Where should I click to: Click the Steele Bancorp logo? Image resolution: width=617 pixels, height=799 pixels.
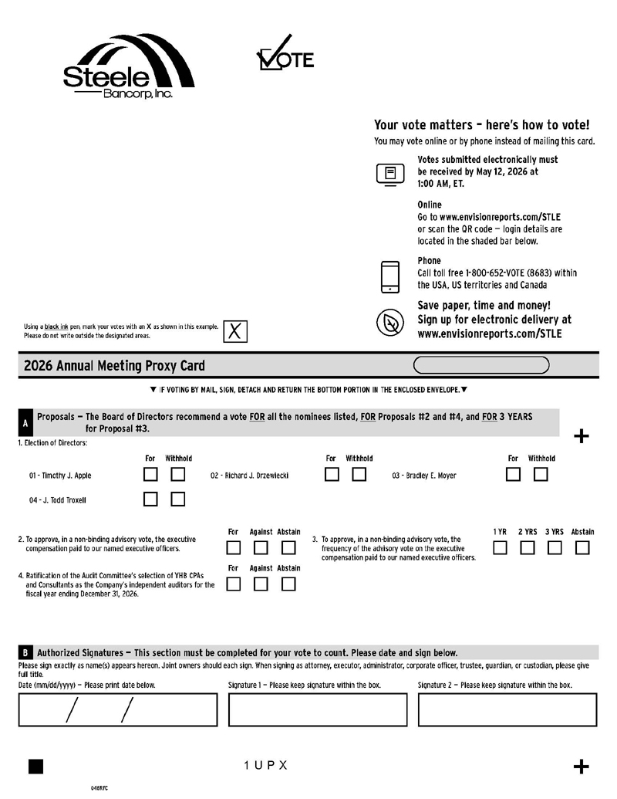[128, 68]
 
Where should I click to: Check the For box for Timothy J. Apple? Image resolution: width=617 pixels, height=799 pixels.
[151, 475]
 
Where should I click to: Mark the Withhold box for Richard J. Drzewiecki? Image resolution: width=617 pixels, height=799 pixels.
[359, 475]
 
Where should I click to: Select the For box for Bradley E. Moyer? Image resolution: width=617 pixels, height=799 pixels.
[513, 475]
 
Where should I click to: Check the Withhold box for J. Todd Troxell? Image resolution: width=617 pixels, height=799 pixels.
[178, 499]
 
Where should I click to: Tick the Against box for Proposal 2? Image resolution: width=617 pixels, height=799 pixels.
[261, 548]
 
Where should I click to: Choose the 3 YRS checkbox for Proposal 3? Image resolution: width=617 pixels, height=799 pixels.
[555, 548]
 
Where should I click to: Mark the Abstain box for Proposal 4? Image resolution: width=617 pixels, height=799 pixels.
[288, 584]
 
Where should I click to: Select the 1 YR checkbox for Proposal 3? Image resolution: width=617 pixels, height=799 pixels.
[500, 548]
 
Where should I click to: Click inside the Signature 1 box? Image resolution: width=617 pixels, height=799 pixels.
[318, 709]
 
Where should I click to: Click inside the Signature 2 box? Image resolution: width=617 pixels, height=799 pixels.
[507, 709]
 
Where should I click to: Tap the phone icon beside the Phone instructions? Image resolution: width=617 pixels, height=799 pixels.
[390, 277]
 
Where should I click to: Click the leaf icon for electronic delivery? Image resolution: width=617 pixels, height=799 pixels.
[390, 322]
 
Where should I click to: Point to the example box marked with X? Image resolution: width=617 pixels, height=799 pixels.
[235, 331]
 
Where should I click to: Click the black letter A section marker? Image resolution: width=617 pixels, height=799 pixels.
[25, 423]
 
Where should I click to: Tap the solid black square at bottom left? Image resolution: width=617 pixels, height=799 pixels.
[35, 766]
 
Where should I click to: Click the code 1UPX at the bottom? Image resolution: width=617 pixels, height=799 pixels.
[265, 766]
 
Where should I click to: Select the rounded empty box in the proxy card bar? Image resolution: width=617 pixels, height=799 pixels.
[481, 365]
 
